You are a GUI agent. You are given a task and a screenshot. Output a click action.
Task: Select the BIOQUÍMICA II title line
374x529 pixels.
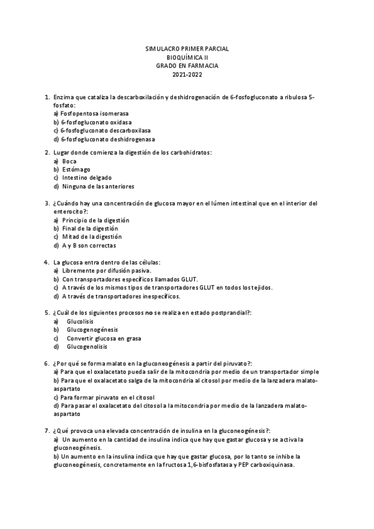[x=187, y=57]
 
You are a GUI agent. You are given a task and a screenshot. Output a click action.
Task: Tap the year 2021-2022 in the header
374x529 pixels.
[x=187, y=75]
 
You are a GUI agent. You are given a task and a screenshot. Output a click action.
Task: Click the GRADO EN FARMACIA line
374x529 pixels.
[x=187, y=66]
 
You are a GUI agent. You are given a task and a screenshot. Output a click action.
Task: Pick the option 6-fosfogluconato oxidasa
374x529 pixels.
[x=96, y=122]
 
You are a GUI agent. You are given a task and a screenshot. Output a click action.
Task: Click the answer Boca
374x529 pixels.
[x=69, y=161]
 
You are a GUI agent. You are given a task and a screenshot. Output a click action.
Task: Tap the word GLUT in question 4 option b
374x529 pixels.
[x=189, y=279]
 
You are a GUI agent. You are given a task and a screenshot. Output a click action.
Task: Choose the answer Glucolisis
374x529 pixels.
[x=80, y=321]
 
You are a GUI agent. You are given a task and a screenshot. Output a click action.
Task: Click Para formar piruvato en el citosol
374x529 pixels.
[x=107, y=397]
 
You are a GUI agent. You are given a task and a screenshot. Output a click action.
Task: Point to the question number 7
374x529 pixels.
[x=47, y=431]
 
